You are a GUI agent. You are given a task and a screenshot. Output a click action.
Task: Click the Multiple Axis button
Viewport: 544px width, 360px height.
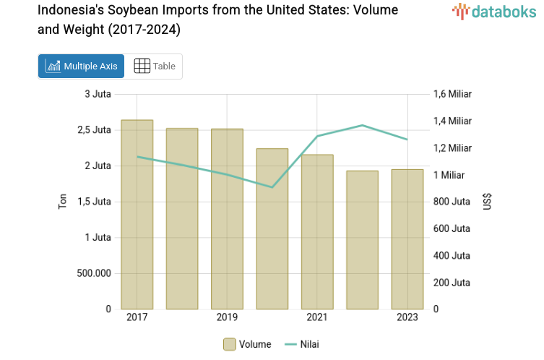pos(81,66)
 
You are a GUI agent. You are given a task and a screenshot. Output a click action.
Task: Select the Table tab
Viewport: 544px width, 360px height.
pos(155,66)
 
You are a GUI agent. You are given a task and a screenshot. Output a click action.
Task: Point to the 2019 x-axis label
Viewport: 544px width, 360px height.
pos(227,318)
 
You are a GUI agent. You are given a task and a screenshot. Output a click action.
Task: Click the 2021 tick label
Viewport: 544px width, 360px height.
pos(317,318)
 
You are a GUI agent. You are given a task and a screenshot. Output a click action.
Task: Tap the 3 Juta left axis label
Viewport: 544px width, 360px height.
pos(98,94)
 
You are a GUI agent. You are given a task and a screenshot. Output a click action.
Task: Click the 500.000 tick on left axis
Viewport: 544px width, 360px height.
pos(93,273)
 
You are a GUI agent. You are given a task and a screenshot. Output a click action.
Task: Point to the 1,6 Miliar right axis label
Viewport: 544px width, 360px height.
pos(452,94)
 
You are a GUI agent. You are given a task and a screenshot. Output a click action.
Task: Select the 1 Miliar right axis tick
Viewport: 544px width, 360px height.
pos(449,175)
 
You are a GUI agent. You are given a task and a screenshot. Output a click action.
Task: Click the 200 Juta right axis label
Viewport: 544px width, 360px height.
pos(452,283)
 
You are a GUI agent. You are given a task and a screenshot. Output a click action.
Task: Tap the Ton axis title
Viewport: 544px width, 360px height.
pos(62,202)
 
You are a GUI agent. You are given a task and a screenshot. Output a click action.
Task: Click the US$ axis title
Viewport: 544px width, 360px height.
pos(488,202)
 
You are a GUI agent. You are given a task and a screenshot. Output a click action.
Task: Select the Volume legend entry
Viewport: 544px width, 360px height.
pos(247,344)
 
